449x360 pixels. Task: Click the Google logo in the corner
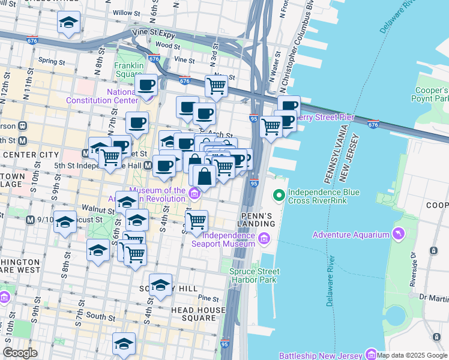(20, 353)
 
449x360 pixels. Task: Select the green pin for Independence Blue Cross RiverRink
(279, 196)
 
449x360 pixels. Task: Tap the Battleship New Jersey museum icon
(370, 354)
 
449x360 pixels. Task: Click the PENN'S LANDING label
(258, 220)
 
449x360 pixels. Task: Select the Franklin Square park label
(129, 70)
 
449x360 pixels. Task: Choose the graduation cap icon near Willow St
(68, 23)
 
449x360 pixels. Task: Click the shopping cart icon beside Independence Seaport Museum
(196, 221)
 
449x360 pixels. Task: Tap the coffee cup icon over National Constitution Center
(146, 85)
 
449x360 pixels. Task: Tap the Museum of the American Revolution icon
(194, 193)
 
